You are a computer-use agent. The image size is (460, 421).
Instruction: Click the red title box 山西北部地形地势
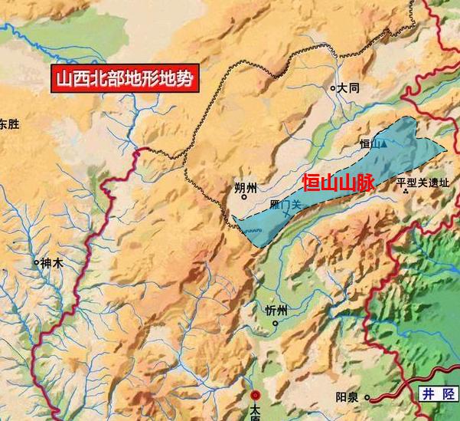pyautogui.click(x=123, y=78)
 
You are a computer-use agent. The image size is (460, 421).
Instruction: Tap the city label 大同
pyautogui.click(x=348, y=88)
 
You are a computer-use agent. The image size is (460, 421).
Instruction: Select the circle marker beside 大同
pyautogui.click(x=333, y=88)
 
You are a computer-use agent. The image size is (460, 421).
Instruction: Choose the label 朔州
pyautogui.click(x=246, y=186)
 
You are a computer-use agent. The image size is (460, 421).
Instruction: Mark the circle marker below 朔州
pyautogui.click(x=244, y=197)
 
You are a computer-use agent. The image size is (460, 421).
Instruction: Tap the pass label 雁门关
pyautogui.click(x=287, y=205)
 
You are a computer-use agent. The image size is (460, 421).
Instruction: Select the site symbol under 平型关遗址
pyautogui.click(x=406, y=192)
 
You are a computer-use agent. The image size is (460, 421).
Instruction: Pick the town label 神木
pyautogui.click(x=51, y=262)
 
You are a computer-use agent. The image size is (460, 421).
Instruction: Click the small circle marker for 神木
pyautogui.click(x=36, y=262)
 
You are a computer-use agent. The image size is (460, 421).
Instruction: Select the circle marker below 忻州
pyautogui.click(x=275, y=323)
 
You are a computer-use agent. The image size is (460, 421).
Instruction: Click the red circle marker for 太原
pyautogui.click(x=256, y=396)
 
